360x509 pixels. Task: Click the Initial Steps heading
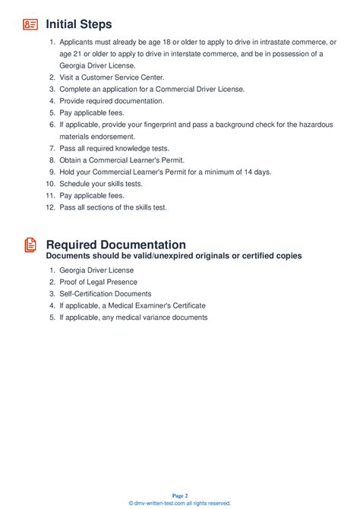79,24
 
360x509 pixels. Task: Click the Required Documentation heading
115,245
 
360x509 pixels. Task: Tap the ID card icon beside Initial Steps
30,24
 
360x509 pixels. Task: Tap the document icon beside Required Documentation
30,245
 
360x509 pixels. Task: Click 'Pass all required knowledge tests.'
114,148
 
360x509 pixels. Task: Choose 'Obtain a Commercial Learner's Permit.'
122,160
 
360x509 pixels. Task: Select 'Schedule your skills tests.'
101,184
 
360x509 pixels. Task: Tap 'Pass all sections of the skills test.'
113,207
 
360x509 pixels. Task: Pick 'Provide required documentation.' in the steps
112,100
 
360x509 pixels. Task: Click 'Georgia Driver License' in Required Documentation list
96,270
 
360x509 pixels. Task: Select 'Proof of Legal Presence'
99,282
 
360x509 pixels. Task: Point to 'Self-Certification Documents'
106,293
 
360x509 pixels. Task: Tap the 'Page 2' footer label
179,495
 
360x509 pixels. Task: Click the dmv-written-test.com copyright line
179,503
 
